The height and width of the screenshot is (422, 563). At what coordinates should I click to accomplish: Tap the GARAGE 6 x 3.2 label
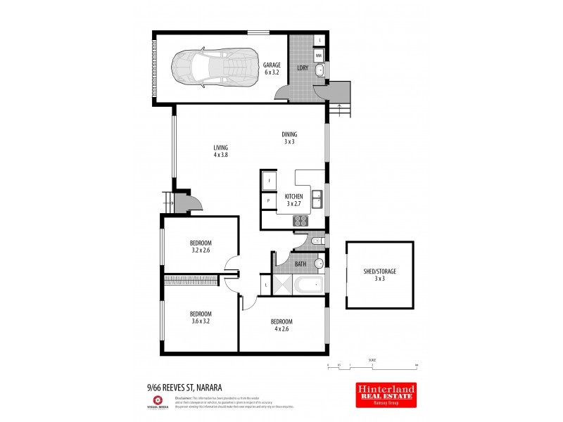272,68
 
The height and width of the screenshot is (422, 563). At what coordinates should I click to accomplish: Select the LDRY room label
303,68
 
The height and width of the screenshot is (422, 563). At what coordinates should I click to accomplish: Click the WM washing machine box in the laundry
319,54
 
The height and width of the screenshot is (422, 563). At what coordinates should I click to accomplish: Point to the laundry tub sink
319,69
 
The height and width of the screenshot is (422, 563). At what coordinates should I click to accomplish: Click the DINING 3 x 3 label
289,138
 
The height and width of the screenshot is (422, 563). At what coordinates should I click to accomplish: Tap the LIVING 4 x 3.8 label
221,151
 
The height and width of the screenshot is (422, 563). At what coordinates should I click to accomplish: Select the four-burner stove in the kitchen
301,220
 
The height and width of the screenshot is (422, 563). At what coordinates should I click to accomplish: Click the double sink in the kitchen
317,199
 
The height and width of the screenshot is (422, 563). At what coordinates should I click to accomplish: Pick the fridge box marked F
270,181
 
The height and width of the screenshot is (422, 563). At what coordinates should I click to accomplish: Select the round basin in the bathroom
319,264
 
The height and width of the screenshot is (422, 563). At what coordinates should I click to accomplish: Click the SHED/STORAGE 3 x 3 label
379,274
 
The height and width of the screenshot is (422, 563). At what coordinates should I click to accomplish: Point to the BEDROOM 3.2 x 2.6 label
201,245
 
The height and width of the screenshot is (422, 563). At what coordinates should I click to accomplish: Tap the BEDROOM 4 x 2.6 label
281,325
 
